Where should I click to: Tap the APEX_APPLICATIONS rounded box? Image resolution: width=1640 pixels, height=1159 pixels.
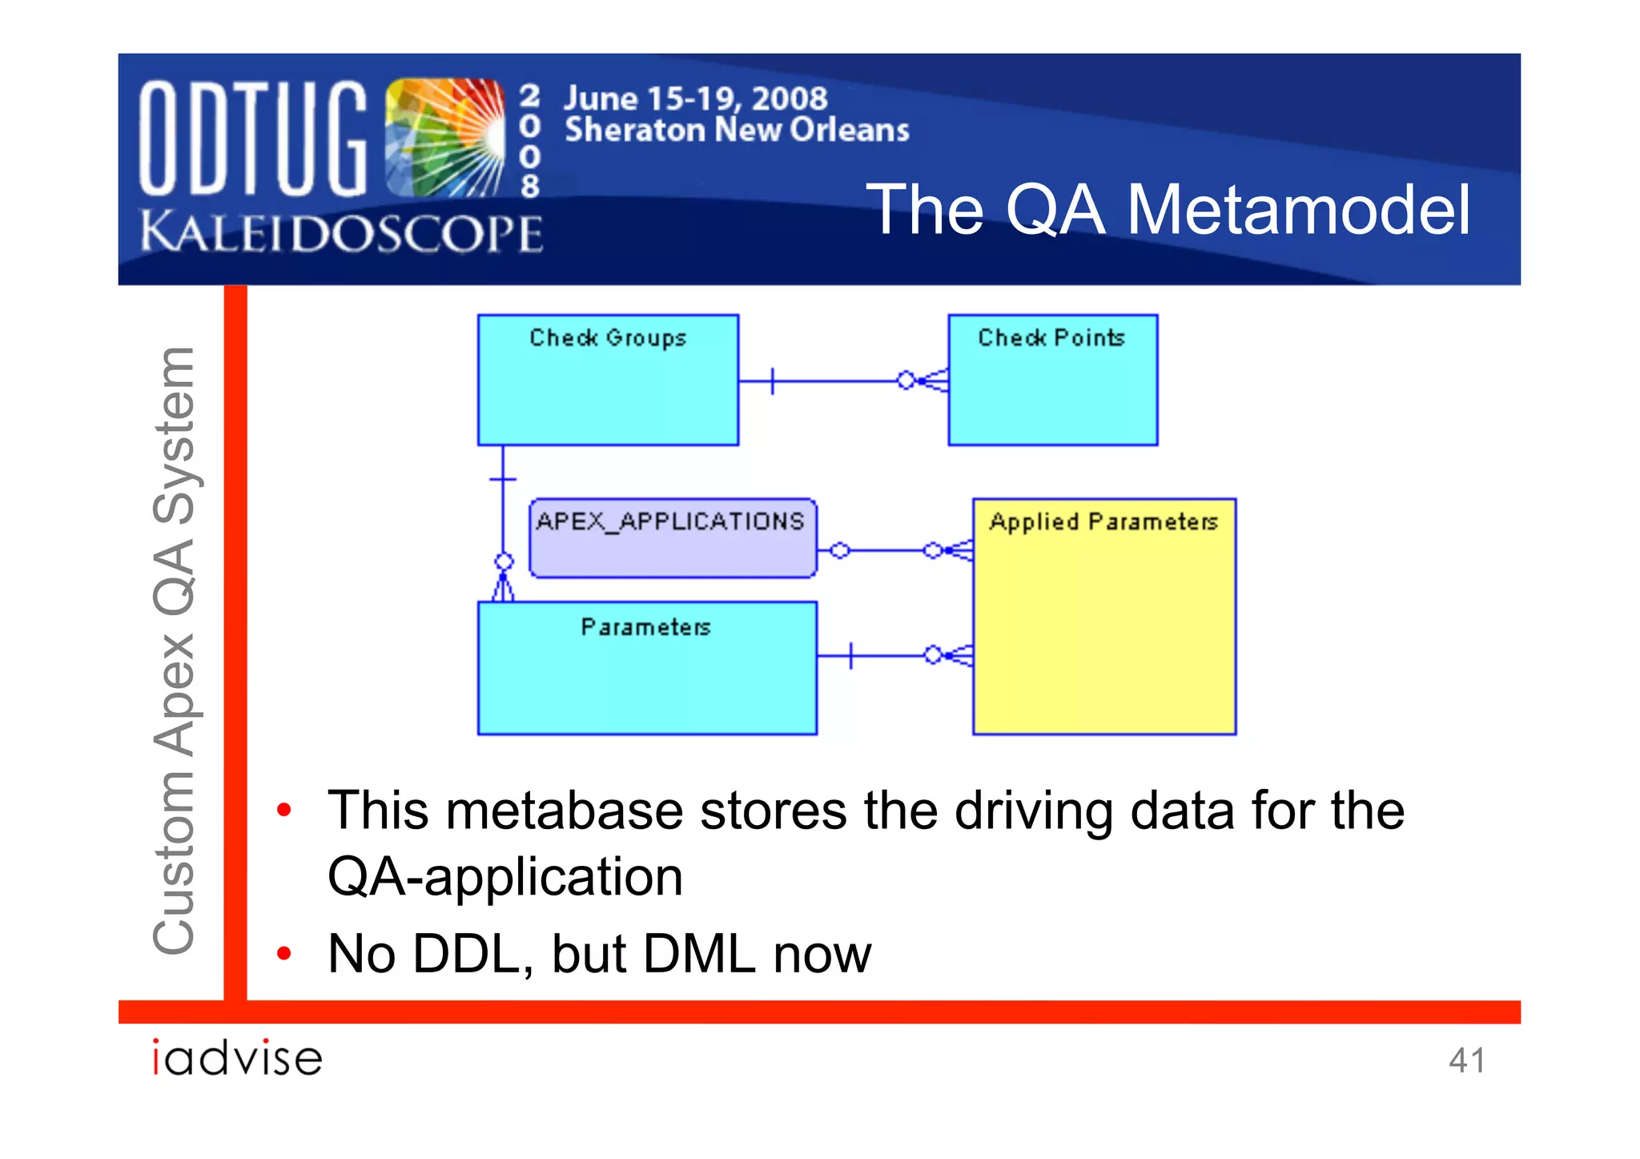[x=673, y=537]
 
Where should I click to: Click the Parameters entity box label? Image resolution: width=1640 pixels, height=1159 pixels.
[x=645, y=627]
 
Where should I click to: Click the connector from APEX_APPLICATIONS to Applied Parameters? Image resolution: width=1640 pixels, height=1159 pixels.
[x=889, y=550]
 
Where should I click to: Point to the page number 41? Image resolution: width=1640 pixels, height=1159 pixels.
[x=1466, y=1060]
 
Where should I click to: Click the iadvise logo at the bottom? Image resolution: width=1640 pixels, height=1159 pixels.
[x=237, y=1057]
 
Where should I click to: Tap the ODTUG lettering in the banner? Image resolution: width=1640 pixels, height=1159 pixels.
[x=252, y=138]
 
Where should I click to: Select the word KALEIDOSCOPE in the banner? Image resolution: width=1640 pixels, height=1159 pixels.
[x=341, y=234]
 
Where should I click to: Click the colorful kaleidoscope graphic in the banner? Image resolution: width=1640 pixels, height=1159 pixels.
[x=445, y=138]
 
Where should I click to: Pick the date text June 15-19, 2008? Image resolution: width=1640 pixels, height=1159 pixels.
[x=695, y=99]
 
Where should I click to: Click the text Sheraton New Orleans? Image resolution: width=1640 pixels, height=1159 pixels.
[x=737, y=130]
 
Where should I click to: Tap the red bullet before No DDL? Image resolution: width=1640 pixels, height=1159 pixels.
[x=283, y=953]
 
